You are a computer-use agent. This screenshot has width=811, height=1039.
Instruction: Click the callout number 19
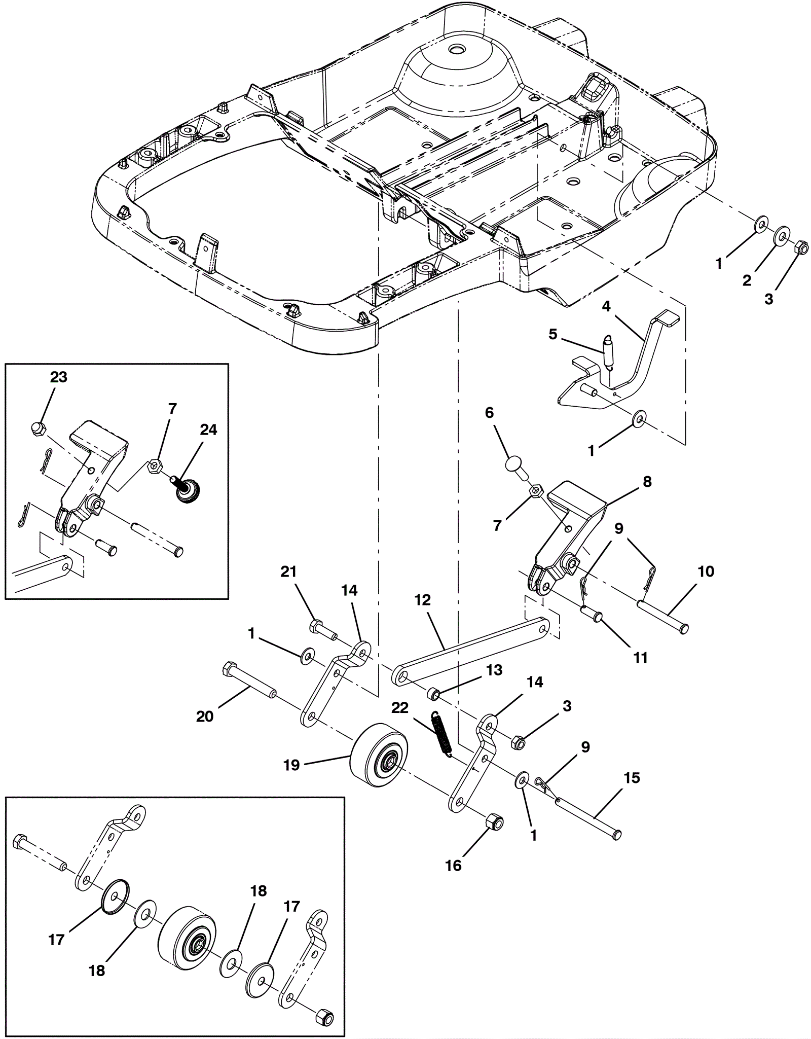[x=291, y=765]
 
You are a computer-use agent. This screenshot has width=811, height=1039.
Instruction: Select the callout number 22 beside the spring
[x=400, y=708]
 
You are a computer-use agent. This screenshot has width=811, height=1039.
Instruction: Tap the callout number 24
[x=208, y=430]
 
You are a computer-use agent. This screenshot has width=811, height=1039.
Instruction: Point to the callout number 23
[x=59, y=377]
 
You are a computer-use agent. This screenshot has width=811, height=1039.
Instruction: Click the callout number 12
[x=422, y=600]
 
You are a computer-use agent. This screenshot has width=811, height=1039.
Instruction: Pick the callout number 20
[x=205, y=716]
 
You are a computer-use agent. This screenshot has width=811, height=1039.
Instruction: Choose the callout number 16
[x=454, y=866]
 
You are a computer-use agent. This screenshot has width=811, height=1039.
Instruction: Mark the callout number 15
[x=632, y=778]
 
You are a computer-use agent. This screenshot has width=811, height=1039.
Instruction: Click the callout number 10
[x=706, y=571]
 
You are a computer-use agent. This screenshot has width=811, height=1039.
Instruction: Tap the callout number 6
[x=489, y=413]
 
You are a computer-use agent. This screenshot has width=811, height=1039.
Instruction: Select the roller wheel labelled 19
[x=376, y=755]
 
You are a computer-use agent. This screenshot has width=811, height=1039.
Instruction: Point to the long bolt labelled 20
[x=248, y=680]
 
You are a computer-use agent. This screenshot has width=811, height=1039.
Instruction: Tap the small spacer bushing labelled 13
[x=433, y=693]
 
